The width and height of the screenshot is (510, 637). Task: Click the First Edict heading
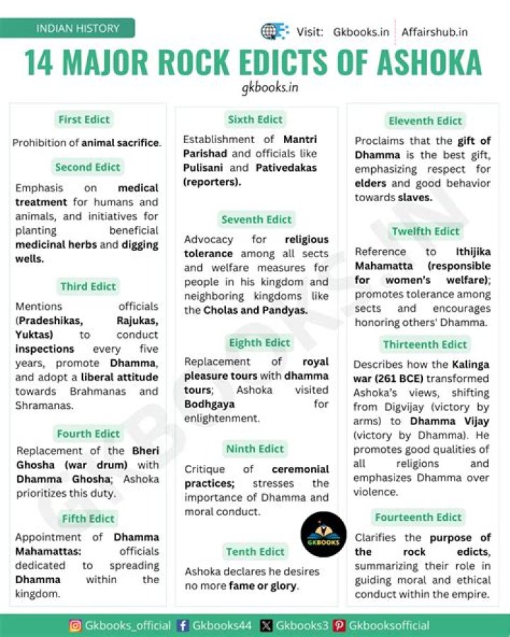tap(84, 120)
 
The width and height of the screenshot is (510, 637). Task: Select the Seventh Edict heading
tap(256, 220)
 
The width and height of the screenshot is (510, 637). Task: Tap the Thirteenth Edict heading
tap(425, 345)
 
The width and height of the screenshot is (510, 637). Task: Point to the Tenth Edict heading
tap(256, 551)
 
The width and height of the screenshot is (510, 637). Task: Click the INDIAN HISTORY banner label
tap(78, 29)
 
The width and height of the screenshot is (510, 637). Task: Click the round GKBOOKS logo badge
tap(324, 534)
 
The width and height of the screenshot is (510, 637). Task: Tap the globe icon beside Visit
tap(273, 32)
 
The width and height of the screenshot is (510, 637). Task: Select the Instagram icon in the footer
tap(75, 626)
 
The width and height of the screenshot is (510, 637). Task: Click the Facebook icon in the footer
tap(183, 626)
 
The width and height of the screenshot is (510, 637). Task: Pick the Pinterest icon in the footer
tap(339, 626)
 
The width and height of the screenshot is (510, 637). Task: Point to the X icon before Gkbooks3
tap(266, 626)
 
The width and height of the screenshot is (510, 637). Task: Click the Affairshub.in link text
tap(434, 32)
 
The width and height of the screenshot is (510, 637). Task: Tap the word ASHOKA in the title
tap(419, 63)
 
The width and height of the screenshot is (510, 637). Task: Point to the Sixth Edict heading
tap(255, 120)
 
